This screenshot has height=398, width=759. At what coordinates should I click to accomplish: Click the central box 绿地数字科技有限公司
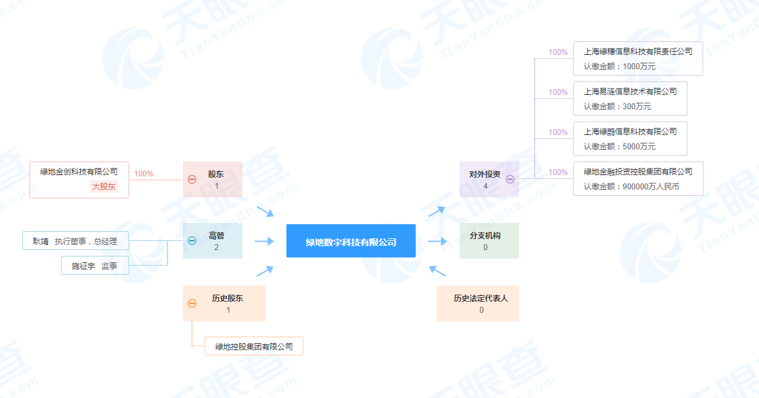(351, 241)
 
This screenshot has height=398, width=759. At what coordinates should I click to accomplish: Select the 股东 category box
(213, 180)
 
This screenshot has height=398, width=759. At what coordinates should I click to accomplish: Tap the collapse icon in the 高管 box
(192, 241)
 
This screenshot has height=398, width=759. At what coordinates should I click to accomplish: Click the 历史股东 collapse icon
(192, 303)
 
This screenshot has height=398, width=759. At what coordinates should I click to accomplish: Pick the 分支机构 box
(489, 241)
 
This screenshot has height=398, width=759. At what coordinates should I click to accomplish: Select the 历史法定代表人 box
(478, 303)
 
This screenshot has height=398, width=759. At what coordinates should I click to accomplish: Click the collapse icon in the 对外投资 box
(510, 180)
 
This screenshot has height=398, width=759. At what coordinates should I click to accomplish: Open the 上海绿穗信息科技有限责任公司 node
(638, 59)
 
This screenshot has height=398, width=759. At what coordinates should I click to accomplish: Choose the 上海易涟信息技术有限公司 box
(630, 99)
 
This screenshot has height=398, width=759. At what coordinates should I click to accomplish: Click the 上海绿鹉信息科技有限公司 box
(630, 139)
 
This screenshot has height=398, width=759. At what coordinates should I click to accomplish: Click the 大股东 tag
(104, 187)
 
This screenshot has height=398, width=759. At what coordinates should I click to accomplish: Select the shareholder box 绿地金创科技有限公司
(80, 180)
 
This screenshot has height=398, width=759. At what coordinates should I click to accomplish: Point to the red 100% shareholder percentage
(144, 174)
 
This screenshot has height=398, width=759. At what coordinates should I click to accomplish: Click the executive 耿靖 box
(76, 241)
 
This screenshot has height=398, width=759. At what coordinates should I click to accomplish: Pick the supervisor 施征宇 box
(95, 266)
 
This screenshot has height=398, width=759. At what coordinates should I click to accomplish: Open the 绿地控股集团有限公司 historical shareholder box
(254, 346)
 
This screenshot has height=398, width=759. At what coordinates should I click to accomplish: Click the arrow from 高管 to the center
(264, 241)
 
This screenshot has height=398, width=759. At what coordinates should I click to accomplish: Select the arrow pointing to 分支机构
(438, 241)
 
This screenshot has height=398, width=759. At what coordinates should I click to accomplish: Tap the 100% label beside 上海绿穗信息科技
(558, 52)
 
